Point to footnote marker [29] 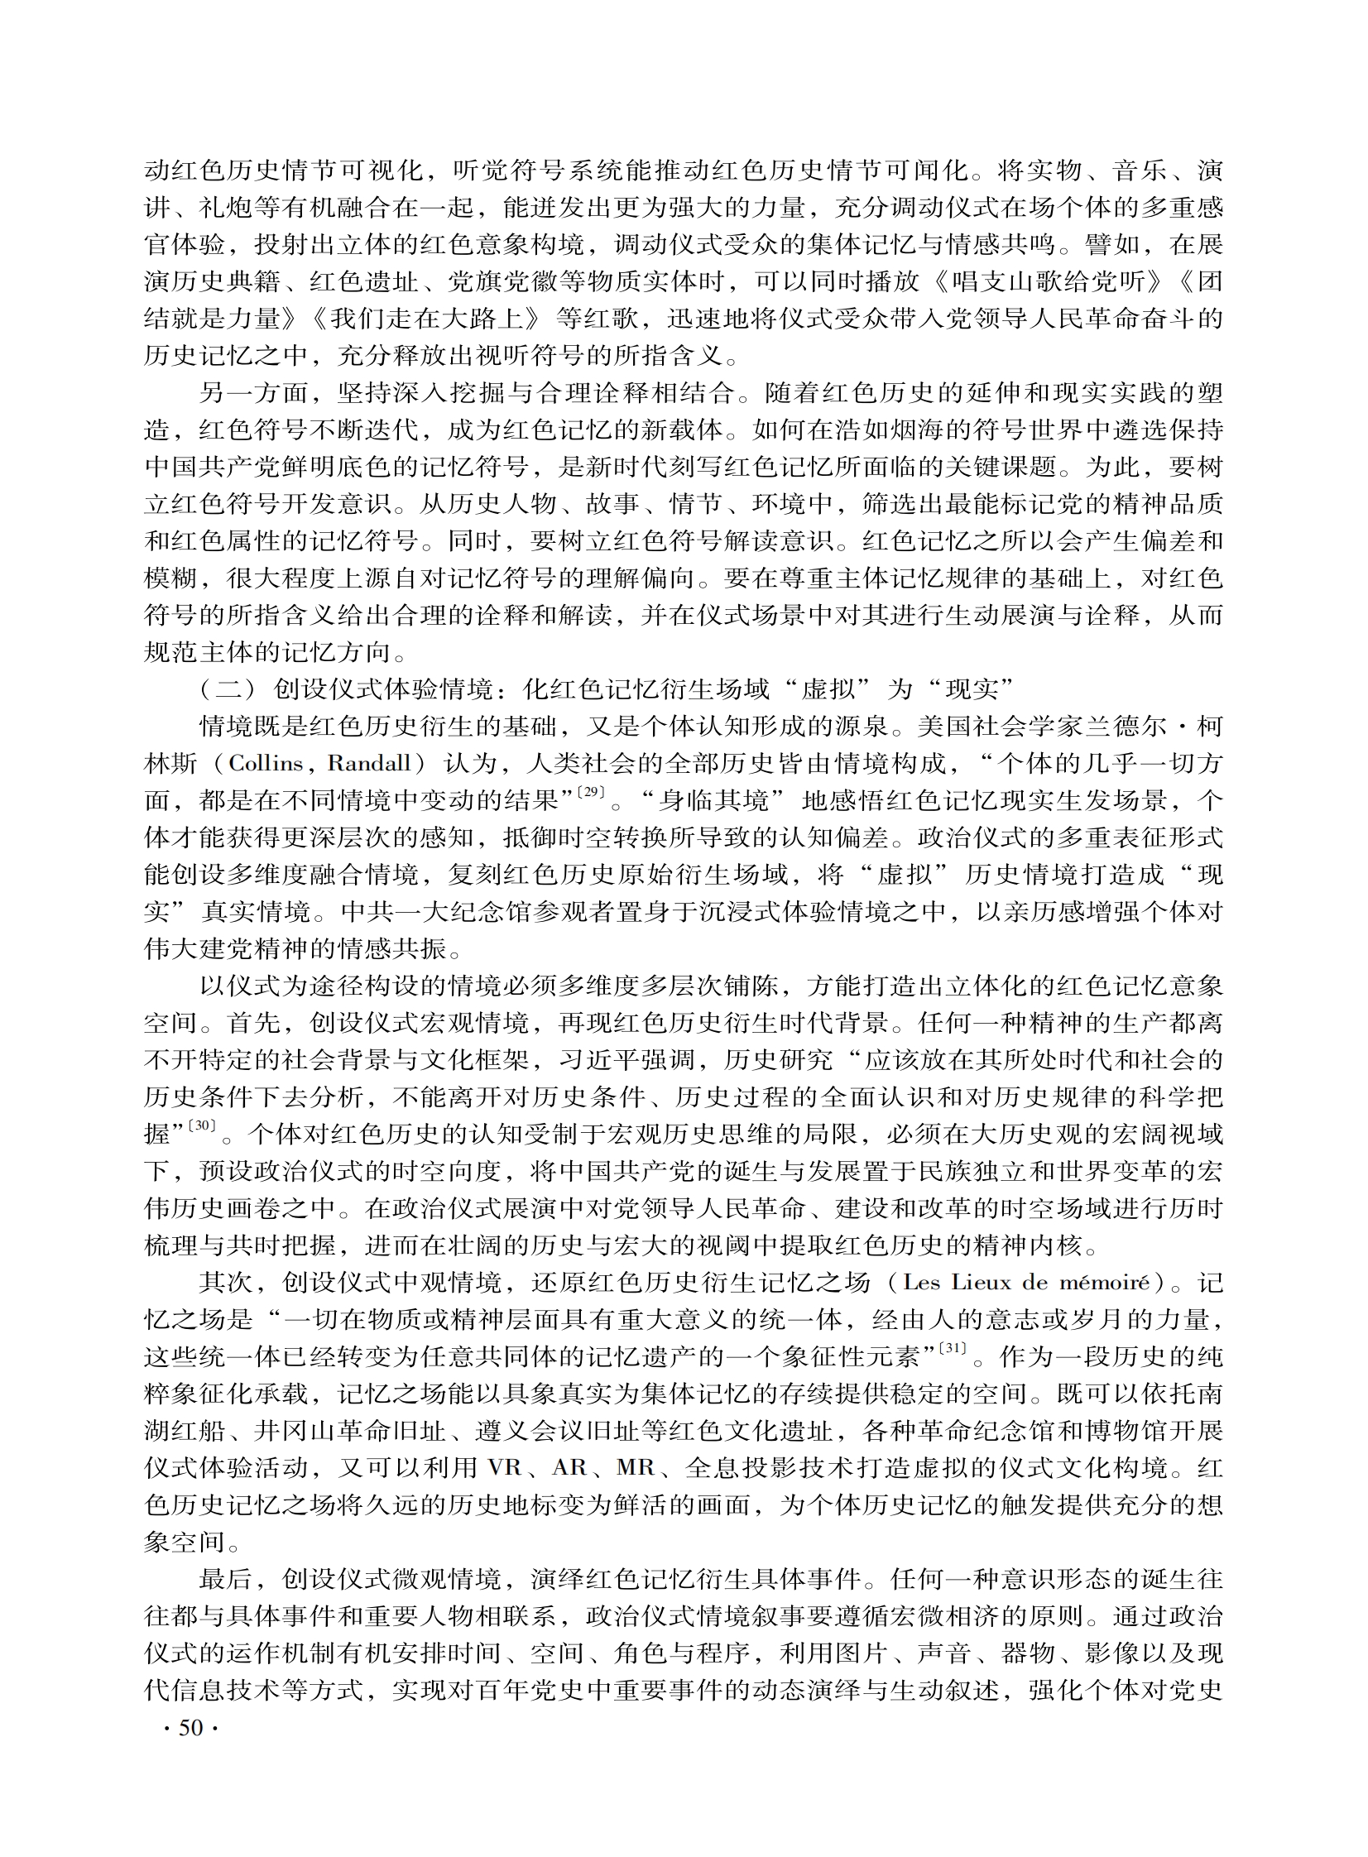590,793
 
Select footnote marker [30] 202,1127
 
